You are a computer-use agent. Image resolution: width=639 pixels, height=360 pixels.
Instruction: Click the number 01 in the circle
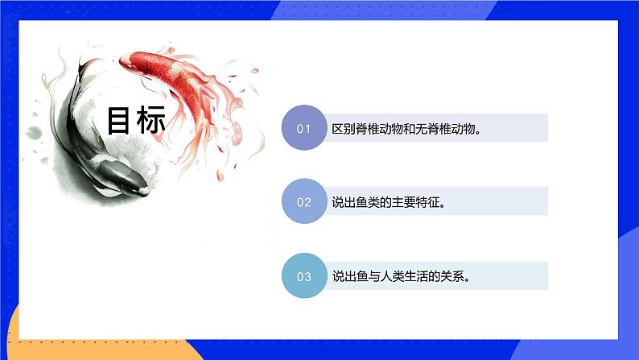point(304,128)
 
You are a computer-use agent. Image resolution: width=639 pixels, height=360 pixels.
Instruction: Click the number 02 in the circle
point(304,202)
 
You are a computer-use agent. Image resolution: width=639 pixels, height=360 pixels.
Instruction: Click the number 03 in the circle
point(304,276)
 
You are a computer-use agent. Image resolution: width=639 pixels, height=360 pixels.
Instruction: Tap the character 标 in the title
point(152,122)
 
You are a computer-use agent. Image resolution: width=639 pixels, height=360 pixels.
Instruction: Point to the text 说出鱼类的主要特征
point(389,202)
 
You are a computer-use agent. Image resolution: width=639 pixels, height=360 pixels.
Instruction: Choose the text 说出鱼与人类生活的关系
point(400,276)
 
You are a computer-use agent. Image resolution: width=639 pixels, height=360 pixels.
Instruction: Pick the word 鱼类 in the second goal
point(369,202)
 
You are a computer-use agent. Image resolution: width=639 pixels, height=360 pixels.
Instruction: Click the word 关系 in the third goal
point(454,276)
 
